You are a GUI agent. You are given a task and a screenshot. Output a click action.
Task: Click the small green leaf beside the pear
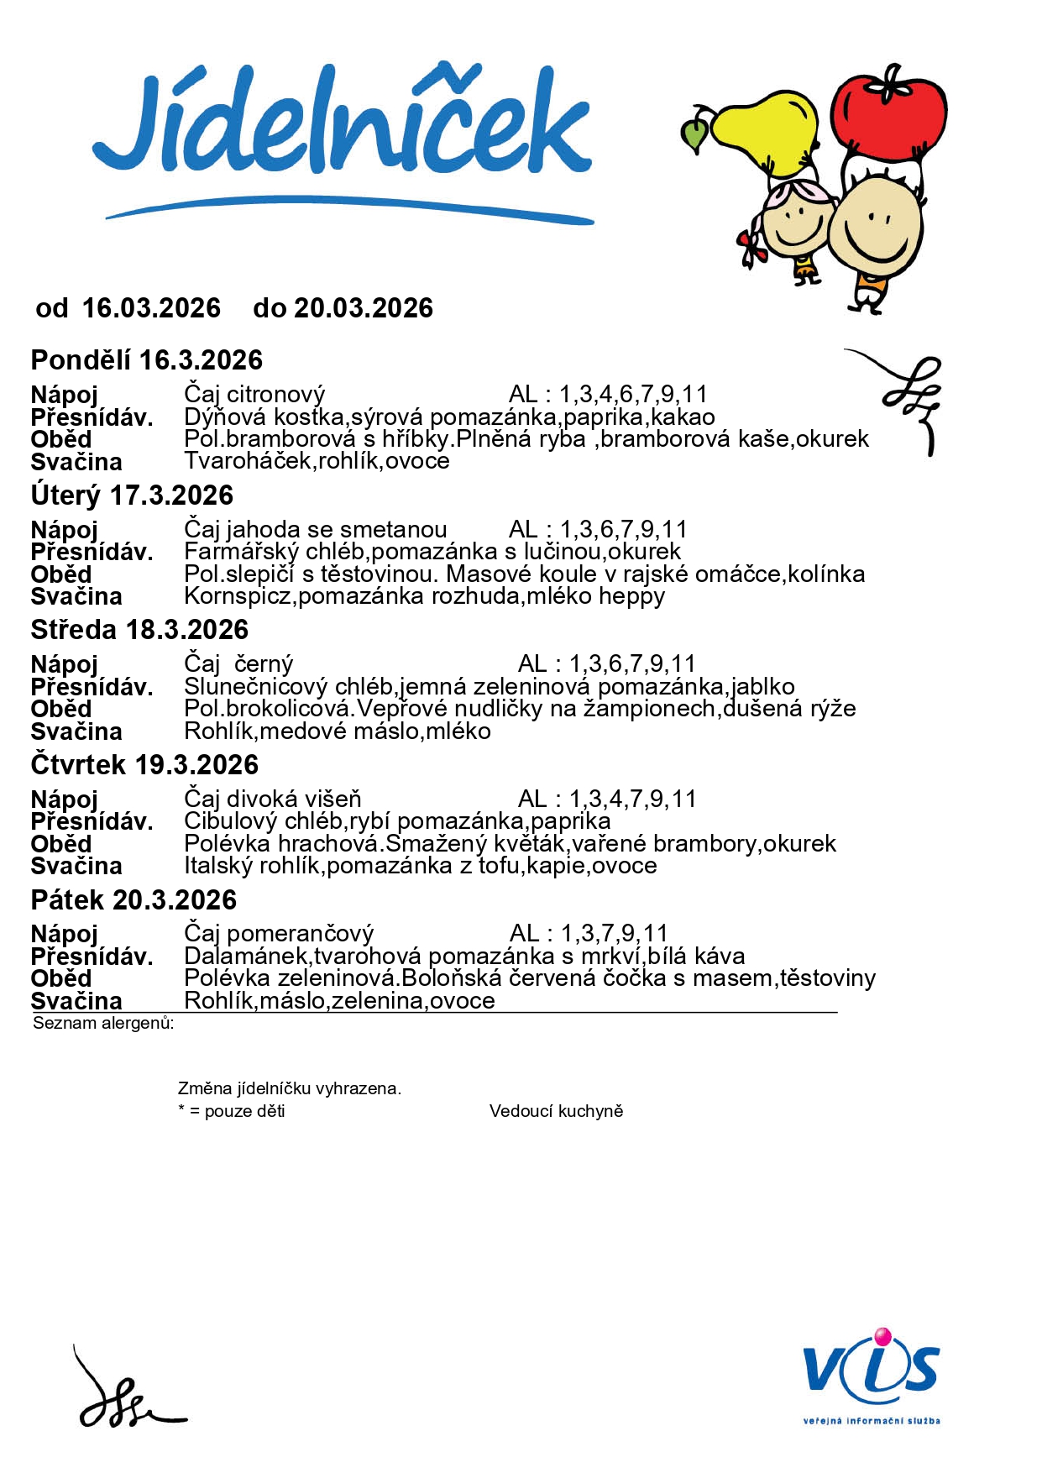point(694,134)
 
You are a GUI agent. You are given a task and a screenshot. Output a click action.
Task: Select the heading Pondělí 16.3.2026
point(147,360)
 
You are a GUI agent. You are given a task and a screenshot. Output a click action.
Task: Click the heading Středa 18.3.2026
point(139,630)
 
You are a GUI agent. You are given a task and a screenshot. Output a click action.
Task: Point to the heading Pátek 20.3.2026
point(134,900)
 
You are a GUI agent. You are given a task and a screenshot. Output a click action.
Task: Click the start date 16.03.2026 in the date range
point(151,308)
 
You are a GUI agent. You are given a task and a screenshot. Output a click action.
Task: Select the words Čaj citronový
point(254,394)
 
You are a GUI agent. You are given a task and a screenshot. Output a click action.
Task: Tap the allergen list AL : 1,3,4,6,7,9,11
point(608,394)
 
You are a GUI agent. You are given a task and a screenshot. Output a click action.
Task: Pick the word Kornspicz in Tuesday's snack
point(238,596)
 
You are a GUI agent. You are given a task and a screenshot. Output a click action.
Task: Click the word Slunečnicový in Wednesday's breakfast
point(255,686)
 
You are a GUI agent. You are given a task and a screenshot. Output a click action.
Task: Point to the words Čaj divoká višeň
point(272,799)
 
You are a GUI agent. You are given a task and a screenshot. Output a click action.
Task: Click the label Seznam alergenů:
point(103,1023)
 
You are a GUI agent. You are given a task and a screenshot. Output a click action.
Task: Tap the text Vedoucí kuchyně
point(556,1111)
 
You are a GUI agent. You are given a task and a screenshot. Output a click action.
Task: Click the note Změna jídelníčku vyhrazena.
point(289,1088)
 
